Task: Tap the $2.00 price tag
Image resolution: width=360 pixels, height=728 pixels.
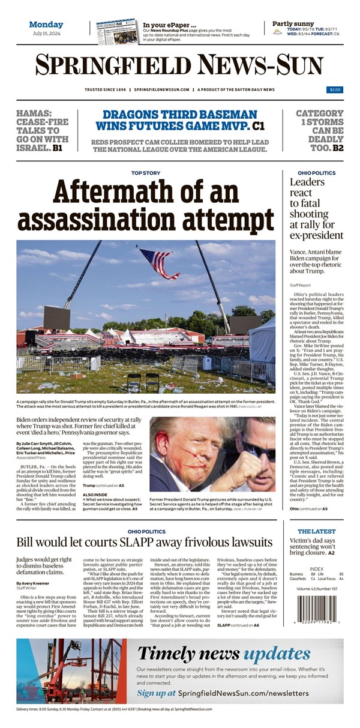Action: pos(335,89)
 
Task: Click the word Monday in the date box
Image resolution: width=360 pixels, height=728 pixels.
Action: pos(46,24)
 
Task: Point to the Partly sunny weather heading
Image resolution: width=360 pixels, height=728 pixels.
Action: pos(293,23)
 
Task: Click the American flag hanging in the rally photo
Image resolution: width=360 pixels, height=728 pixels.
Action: pos(158,262)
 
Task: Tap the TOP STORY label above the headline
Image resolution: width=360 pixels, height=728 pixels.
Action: pos(146,173)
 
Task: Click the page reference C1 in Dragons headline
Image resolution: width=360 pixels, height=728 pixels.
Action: pos(259,126)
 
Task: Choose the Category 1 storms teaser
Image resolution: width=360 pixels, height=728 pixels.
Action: pos(320,130)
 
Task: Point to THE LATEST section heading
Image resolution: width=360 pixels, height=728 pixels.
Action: pos(316,531)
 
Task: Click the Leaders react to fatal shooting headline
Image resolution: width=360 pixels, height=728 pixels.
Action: pos(316,208)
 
